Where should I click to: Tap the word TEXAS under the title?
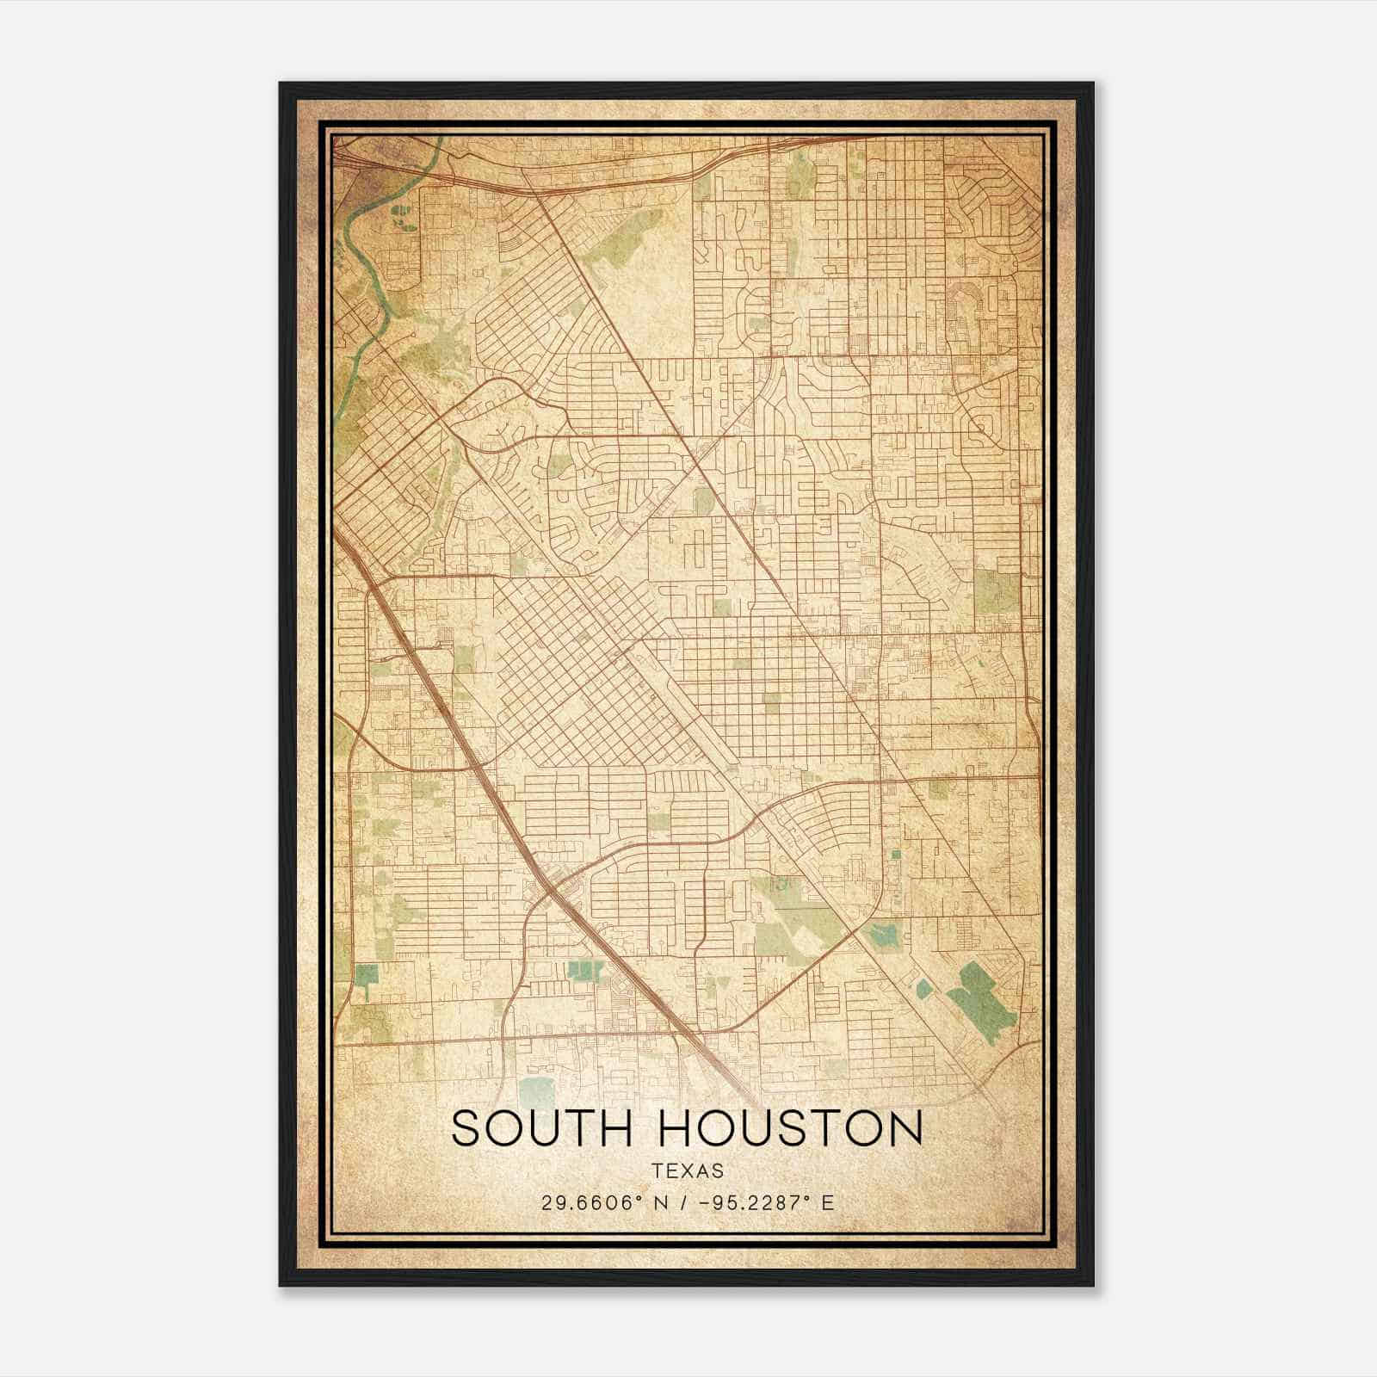688,1170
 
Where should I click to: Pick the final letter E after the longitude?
828,1202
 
